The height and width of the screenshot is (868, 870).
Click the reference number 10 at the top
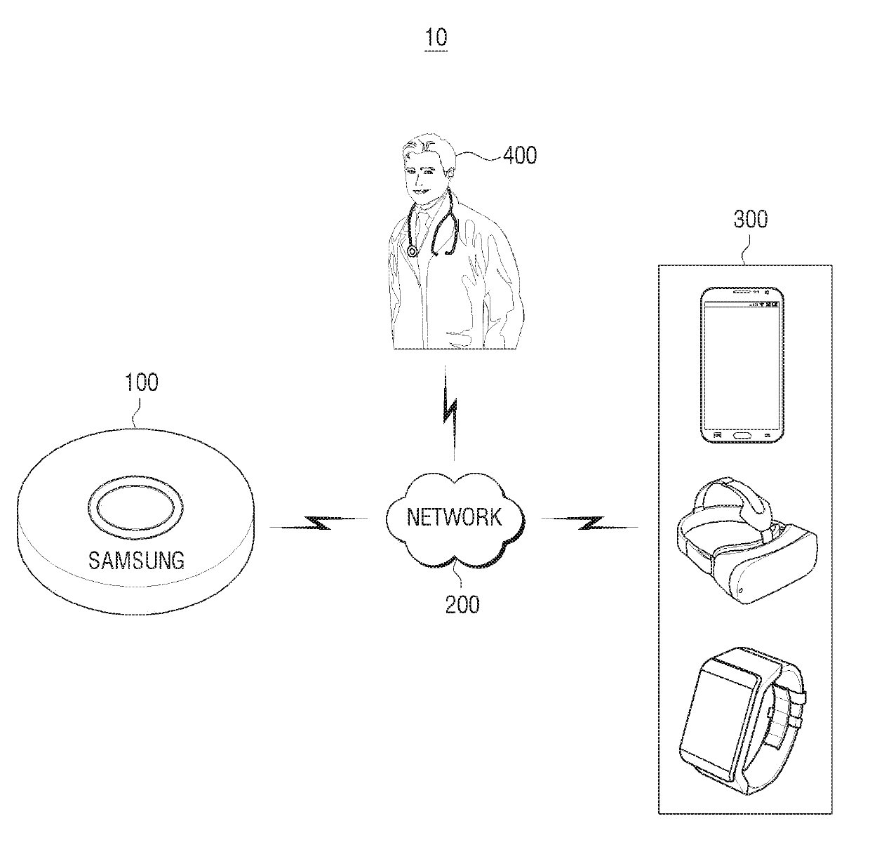(x=436, y=36)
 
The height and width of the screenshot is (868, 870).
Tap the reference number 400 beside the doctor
(x=519, y=154)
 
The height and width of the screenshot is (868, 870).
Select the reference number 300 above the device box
(x=750, y=220)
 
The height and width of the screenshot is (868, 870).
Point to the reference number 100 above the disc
(x=141, y=383)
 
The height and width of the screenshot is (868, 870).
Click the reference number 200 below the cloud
(x=462, y=603)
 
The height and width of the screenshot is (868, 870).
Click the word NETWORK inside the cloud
(x=454, y=518)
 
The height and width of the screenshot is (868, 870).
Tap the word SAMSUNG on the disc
(x=136, y=560)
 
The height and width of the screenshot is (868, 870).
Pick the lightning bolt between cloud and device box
(x=590, y=523)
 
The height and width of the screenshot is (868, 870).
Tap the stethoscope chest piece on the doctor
(x=412, y=251)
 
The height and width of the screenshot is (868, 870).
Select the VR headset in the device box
(x=746, y=540)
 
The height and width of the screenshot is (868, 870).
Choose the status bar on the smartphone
(x=741, y=305)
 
